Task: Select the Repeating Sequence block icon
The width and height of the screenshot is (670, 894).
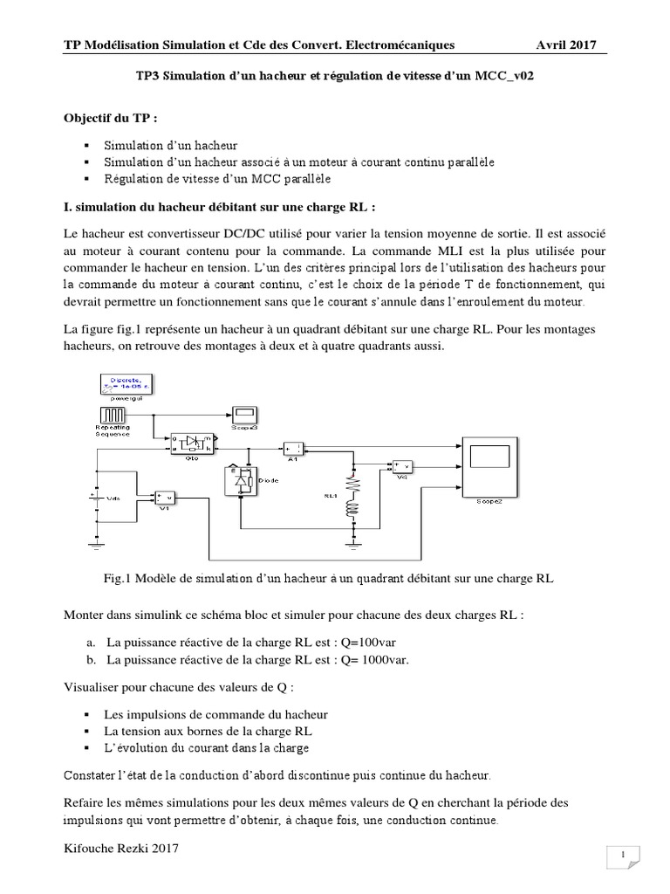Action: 112,414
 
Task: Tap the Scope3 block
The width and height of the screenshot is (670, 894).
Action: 243,414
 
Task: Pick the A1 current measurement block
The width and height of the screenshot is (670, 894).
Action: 293,446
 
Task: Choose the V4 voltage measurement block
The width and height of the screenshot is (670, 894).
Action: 402,467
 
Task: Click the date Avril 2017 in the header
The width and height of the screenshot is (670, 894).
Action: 567,45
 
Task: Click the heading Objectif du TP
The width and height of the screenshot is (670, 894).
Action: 113,118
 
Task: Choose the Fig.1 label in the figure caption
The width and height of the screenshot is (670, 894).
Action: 117,577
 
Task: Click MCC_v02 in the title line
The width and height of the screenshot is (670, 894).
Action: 504,76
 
